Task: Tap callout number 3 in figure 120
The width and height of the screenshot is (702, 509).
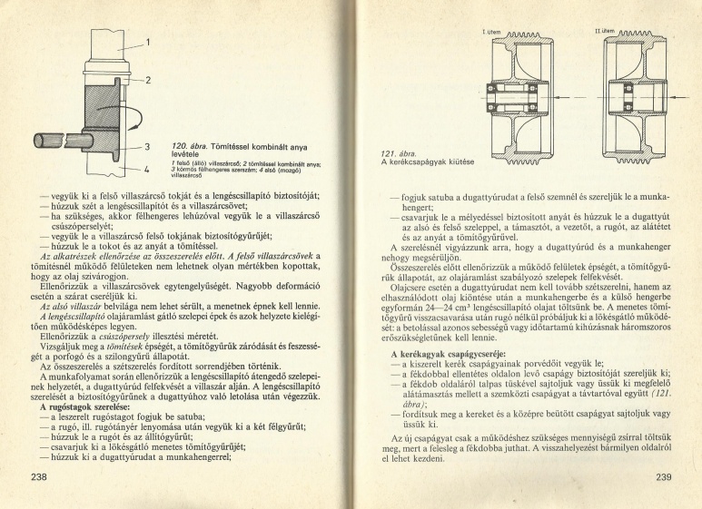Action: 146,145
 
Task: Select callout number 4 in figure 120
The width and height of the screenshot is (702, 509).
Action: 146,169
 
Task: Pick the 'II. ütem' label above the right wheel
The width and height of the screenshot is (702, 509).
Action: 605,32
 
